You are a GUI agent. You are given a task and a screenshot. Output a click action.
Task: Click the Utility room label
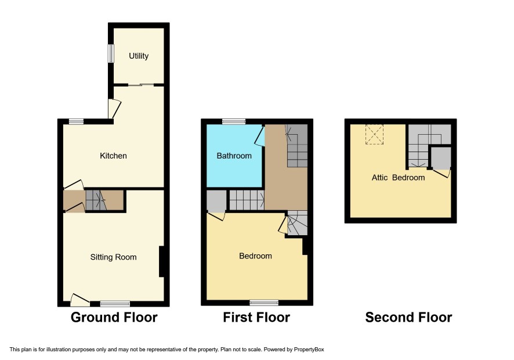138,56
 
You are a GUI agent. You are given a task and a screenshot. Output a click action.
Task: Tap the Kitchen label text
113,156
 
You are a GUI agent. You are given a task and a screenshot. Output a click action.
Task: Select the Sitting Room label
114,257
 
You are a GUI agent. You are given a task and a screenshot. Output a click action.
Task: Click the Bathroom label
234,156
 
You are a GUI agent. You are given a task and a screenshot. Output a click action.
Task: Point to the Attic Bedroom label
399,178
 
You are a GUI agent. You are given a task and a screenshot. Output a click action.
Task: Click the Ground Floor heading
114,318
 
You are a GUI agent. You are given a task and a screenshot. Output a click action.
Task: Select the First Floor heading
256,318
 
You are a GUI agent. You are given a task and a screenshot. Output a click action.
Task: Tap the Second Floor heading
408,318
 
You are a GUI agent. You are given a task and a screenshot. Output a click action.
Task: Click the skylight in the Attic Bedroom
374,134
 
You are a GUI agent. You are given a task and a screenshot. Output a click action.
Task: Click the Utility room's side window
111,53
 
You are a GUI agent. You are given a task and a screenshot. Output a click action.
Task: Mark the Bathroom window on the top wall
234,121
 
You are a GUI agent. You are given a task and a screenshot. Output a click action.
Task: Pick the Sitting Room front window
115,304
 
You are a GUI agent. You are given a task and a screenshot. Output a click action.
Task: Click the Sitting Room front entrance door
79,300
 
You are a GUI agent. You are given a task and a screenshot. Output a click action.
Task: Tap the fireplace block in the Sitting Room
161,262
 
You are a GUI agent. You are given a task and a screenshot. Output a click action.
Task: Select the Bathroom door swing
260,136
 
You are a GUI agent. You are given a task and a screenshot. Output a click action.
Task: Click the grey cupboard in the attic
441,157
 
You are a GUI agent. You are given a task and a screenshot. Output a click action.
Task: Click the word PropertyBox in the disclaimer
309,350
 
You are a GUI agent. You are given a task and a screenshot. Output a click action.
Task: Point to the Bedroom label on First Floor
255,256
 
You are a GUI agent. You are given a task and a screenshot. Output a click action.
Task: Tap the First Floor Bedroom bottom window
264,303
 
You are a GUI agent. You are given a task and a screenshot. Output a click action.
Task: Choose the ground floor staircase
96,200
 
